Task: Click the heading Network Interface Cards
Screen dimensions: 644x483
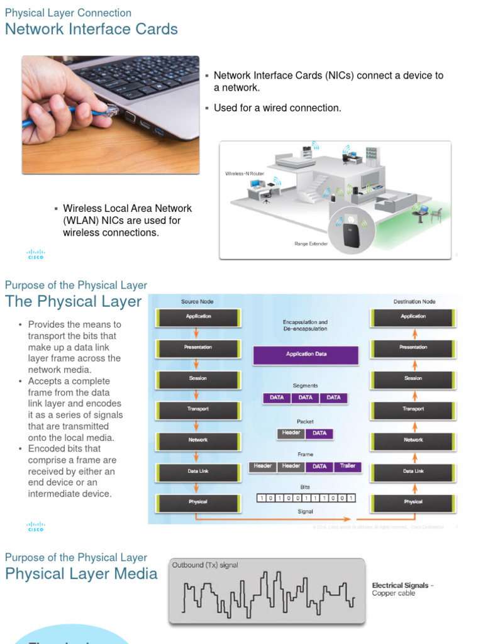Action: (91, 30)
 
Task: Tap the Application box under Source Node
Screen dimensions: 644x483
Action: (198, 317)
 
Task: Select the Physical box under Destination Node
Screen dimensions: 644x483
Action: (413, 502)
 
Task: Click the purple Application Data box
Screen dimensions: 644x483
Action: (306, 354)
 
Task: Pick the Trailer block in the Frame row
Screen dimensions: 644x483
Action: (347, 466)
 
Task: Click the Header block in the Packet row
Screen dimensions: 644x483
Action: (291, 433)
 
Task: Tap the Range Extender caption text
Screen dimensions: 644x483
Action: (311, 243)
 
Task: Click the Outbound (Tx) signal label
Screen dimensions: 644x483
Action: (205, 565)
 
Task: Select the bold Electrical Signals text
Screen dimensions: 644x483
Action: (399, 586)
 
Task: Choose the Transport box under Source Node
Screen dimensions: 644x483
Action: (198, 409)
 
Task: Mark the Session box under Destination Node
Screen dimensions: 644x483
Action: (413, 379)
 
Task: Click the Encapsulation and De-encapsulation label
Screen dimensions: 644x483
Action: (305, 325)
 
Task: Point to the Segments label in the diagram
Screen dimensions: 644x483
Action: (305, 386)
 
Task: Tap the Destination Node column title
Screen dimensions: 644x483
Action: (414, 302)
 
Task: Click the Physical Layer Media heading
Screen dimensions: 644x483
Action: (81, 574)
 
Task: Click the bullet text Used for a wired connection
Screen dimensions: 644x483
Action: (277, 108)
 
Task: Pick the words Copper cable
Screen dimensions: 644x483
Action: (393, 593)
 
